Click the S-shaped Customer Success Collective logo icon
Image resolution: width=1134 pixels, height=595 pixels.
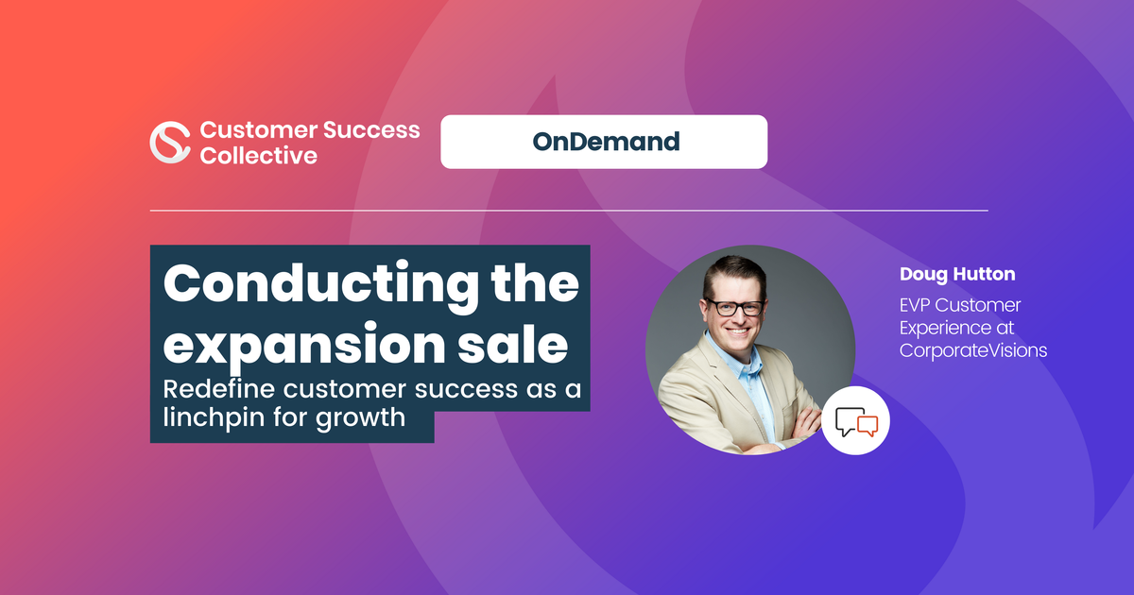170,143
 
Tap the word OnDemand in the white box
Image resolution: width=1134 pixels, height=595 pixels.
606,142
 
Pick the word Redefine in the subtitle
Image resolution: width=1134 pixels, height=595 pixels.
218,389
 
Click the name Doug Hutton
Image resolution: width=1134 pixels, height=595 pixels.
957,274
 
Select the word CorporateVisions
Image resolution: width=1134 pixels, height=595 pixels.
973,350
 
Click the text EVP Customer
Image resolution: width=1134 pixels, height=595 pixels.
960,305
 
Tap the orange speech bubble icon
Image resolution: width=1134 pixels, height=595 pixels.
868,426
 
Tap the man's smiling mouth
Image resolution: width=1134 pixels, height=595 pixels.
738,331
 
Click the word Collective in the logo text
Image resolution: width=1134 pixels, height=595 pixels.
259,155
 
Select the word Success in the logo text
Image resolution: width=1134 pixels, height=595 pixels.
371,130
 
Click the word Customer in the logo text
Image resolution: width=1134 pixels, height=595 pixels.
259,130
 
